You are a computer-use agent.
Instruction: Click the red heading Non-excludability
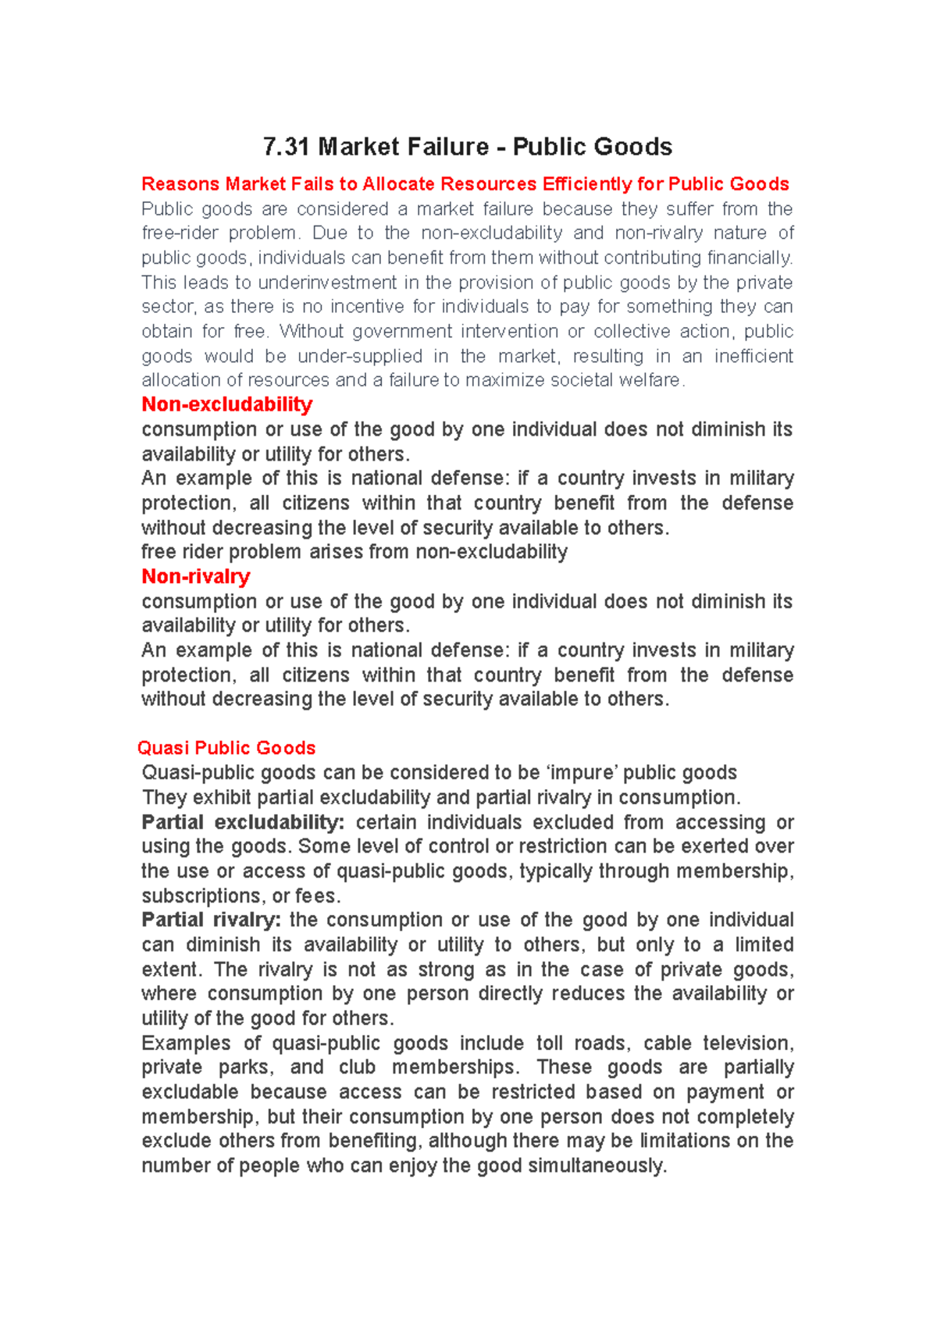(x=226, y=404)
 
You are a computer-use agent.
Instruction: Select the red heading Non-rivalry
(x=195, y=577)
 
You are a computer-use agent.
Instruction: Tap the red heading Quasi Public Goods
(x=226, y=748)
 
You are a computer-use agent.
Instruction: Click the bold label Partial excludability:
(x=243, y=822)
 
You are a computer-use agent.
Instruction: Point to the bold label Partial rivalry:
(x=211, y=920)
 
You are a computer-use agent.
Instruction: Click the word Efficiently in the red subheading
(x=586, y=184)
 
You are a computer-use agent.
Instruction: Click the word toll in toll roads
(x=549, y=1043)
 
